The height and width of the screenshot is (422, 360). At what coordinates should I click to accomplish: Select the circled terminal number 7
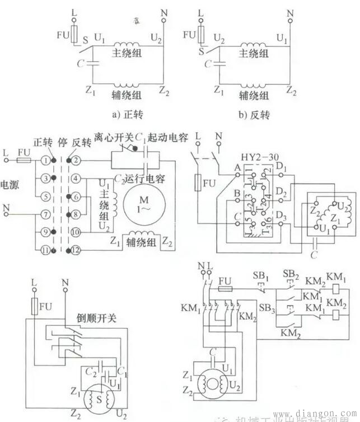point(45,214)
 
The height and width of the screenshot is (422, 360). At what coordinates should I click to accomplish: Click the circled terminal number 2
point(77,160)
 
